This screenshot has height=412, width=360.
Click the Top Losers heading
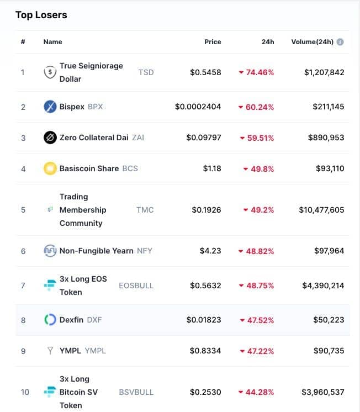pyautogui.click(x=41, y=15)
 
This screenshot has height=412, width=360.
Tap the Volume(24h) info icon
pyautogui.click(x=340, y=42)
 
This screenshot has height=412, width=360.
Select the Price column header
pyautogui.click(x=213, y=42)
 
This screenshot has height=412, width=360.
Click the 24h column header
pyautogui.click(x=267, y=42)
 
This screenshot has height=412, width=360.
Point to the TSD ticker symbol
pyautogui.click(x=146, y=72)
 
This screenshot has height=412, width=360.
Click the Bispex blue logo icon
pyautogui.click(x=50, y=107)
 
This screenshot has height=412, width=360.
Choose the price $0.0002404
pyautogui.click(x=198, y=107)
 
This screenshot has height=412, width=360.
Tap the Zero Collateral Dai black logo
pyautogui.click(x=50, y=138)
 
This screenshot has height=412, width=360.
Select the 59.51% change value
pyautogui.click(x=261, y=138)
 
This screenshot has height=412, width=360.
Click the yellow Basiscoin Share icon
pyautogui.click(x=50, y=168)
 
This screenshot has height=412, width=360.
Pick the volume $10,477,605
pyautogui.click(x=321, y=210)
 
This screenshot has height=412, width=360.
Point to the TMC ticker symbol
pyautogui.click(x=145, y=210)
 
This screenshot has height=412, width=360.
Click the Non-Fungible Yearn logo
pyautogui.click(x=50, y=251)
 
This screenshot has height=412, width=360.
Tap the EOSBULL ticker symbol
pyautogui.click(x=136, y=286)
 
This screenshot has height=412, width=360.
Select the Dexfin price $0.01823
pyautogui.click(x=204, y=320)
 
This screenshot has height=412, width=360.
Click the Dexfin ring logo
pyautogui.click(x=50, y=320)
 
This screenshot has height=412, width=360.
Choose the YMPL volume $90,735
pyautogui.click(x=329, y=351)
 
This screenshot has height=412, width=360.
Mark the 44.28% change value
pyautogui.click(x=260, y=392)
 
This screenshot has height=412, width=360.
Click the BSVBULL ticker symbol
pyautogui.click(x=136, y=392)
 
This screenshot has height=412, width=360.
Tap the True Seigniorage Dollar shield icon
pyautogui.click(x=50, y=72)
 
